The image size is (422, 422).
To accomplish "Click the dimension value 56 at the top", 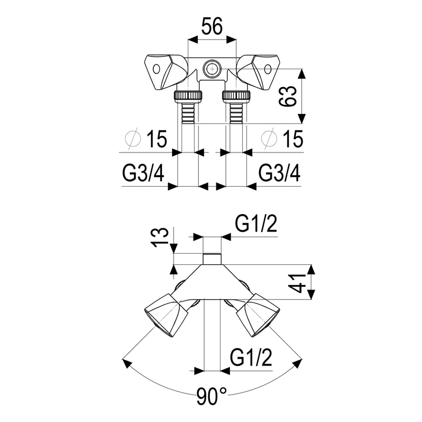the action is (213, 26).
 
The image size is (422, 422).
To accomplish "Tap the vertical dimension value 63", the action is (287, 97).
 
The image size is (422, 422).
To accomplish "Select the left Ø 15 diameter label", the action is (147, 139).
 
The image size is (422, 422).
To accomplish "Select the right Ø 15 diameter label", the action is (282, 139).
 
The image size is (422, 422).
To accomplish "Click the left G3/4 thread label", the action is (143, 173).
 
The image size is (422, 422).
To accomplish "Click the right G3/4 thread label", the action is (280, 173).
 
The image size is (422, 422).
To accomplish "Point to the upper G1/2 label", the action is (256, 224).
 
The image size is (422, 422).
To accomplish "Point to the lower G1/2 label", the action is (251, 357).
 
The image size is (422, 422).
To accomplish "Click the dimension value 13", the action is (160, 237).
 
